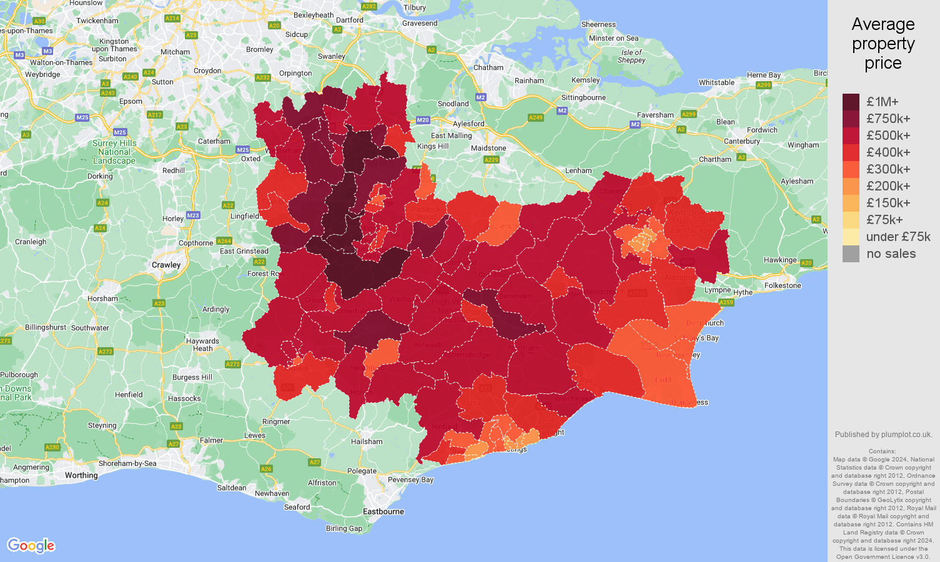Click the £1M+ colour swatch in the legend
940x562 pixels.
[851, 102]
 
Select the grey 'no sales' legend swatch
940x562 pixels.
[851, 254]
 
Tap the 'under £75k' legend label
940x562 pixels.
[898, 237]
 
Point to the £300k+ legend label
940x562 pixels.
[888, 169]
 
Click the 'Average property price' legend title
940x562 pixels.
[883, 44]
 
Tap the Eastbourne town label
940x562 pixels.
[383, 511]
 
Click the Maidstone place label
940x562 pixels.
[488, 148]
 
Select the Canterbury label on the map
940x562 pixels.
[742, 141]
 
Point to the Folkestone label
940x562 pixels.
[783, 285]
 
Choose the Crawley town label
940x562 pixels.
[166, 265]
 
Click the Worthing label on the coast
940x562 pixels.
[81, 475]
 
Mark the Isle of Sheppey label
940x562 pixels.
[631, 56]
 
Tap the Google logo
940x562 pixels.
[31, 546]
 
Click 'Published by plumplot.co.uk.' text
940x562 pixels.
[883, 435]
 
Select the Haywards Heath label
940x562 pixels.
[202, 345]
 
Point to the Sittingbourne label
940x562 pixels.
[583, 97]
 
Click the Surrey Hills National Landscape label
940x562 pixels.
[114, 152]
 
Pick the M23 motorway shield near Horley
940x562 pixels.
[193, 215]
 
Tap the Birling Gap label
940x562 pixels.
[344, 528]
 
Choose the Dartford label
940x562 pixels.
[350, 20]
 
